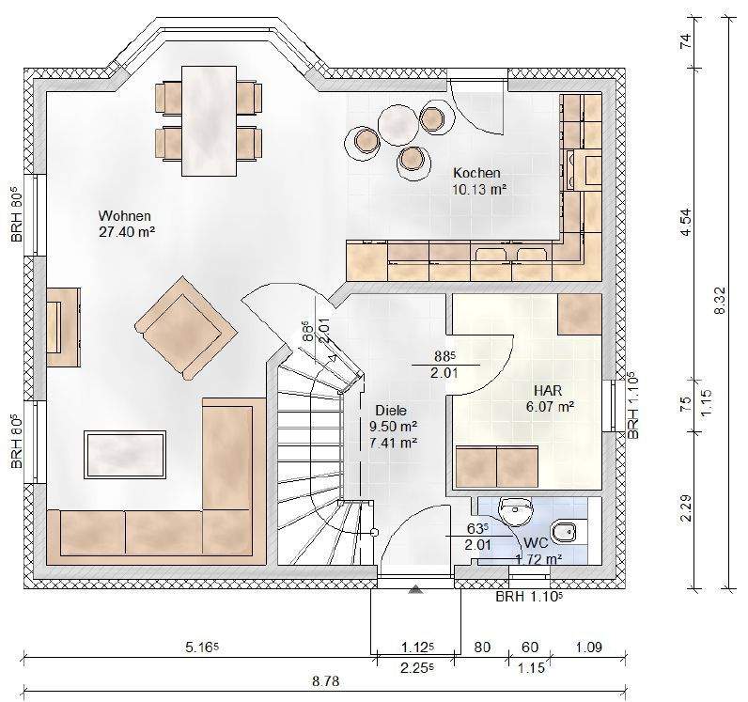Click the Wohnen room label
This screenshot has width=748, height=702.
point(124,216)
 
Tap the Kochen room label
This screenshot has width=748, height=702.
point(476,173)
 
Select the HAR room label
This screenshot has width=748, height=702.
point(548,391)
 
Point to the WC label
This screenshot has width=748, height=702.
point(536,543)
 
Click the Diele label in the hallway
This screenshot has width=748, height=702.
point(391,411)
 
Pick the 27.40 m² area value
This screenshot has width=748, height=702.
point(127,232)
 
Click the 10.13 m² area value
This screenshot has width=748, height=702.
point(479,190)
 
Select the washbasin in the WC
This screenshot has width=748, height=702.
point(515,509)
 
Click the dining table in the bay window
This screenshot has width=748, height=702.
point(209,120)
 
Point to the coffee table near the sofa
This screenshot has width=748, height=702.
point(125,454)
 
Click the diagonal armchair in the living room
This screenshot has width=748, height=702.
point(186,328)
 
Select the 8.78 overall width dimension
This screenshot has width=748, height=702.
point(325,681)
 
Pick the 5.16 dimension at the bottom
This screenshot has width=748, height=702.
point(202,647)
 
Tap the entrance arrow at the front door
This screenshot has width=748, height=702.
point(415,589)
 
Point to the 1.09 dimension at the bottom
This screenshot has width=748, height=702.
point(588,647)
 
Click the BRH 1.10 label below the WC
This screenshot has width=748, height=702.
point(529,597)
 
